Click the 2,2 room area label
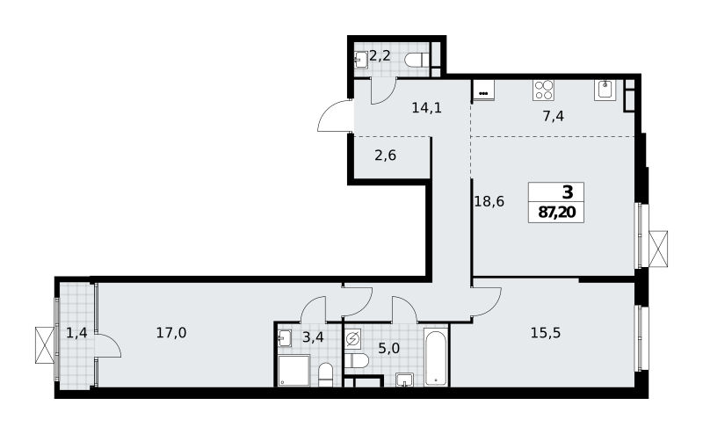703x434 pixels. coord(380,56)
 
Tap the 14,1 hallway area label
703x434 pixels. coord(427,107)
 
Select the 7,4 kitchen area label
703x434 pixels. coord(554,117)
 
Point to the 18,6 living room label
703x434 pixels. coord(489,202)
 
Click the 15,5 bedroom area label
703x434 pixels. coord(546,333)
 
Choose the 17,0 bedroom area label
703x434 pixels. coord(171,333)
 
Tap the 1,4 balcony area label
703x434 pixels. coord(76,333)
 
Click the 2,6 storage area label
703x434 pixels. coord(386,156)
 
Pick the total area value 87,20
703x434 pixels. coord(556,212)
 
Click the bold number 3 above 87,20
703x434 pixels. coord(568,192)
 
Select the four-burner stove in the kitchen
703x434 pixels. coord(543,90)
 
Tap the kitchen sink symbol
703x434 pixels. coord(605,90)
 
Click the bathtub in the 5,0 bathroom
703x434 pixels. coord(436,357)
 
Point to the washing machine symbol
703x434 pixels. coord(353,338)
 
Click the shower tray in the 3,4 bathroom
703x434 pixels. coord(294,371)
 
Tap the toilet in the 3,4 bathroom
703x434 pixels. coord(325,375)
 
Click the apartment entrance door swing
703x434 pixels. coord(334,116)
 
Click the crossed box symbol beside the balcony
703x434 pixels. coord(45,344)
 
